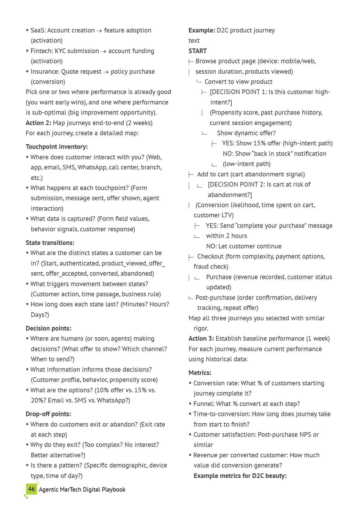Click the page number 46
(x=31, y=489)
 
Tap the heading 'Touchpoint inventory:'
(x=57, y=147)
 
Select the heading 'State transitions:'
(x=50, y=243)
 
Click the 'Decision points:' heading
(x=48, y=328)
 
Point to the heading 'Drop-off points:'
(x=48, y=414)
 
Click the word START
(x=197, y=51)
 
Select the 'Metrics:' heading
(x=200, y=373)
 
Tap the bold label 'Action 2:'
(x=38, y=123)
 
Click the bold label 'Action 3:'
(x=201, y=339)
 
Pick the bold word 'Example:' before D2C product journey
(x=202, y=30)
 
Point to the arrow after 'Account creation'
(x=99, y=31)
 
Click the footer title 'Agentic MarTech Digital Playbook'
(x=82, y=490)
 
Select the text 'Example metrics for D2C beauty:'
(x=240, y=476)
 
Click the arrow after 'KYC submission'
(x=104, y=51)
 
